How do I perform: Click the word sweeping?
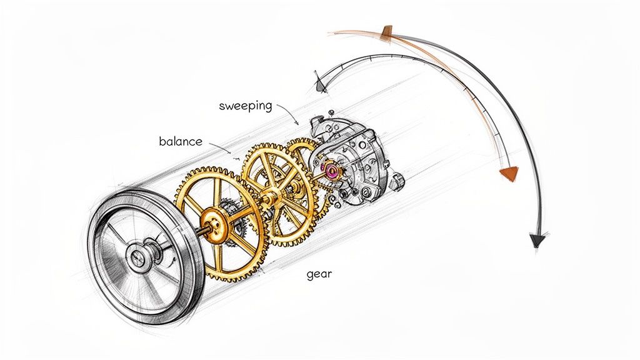point(246,106)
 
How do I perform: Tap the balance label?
point(181,141)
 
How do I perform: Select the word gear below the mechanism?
point(319,274)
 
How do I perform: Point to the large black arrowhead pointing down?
point(536,239)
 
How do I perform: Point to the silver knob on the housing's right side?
point(396,181)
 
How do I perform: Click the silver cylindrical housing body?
point(356,156)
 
